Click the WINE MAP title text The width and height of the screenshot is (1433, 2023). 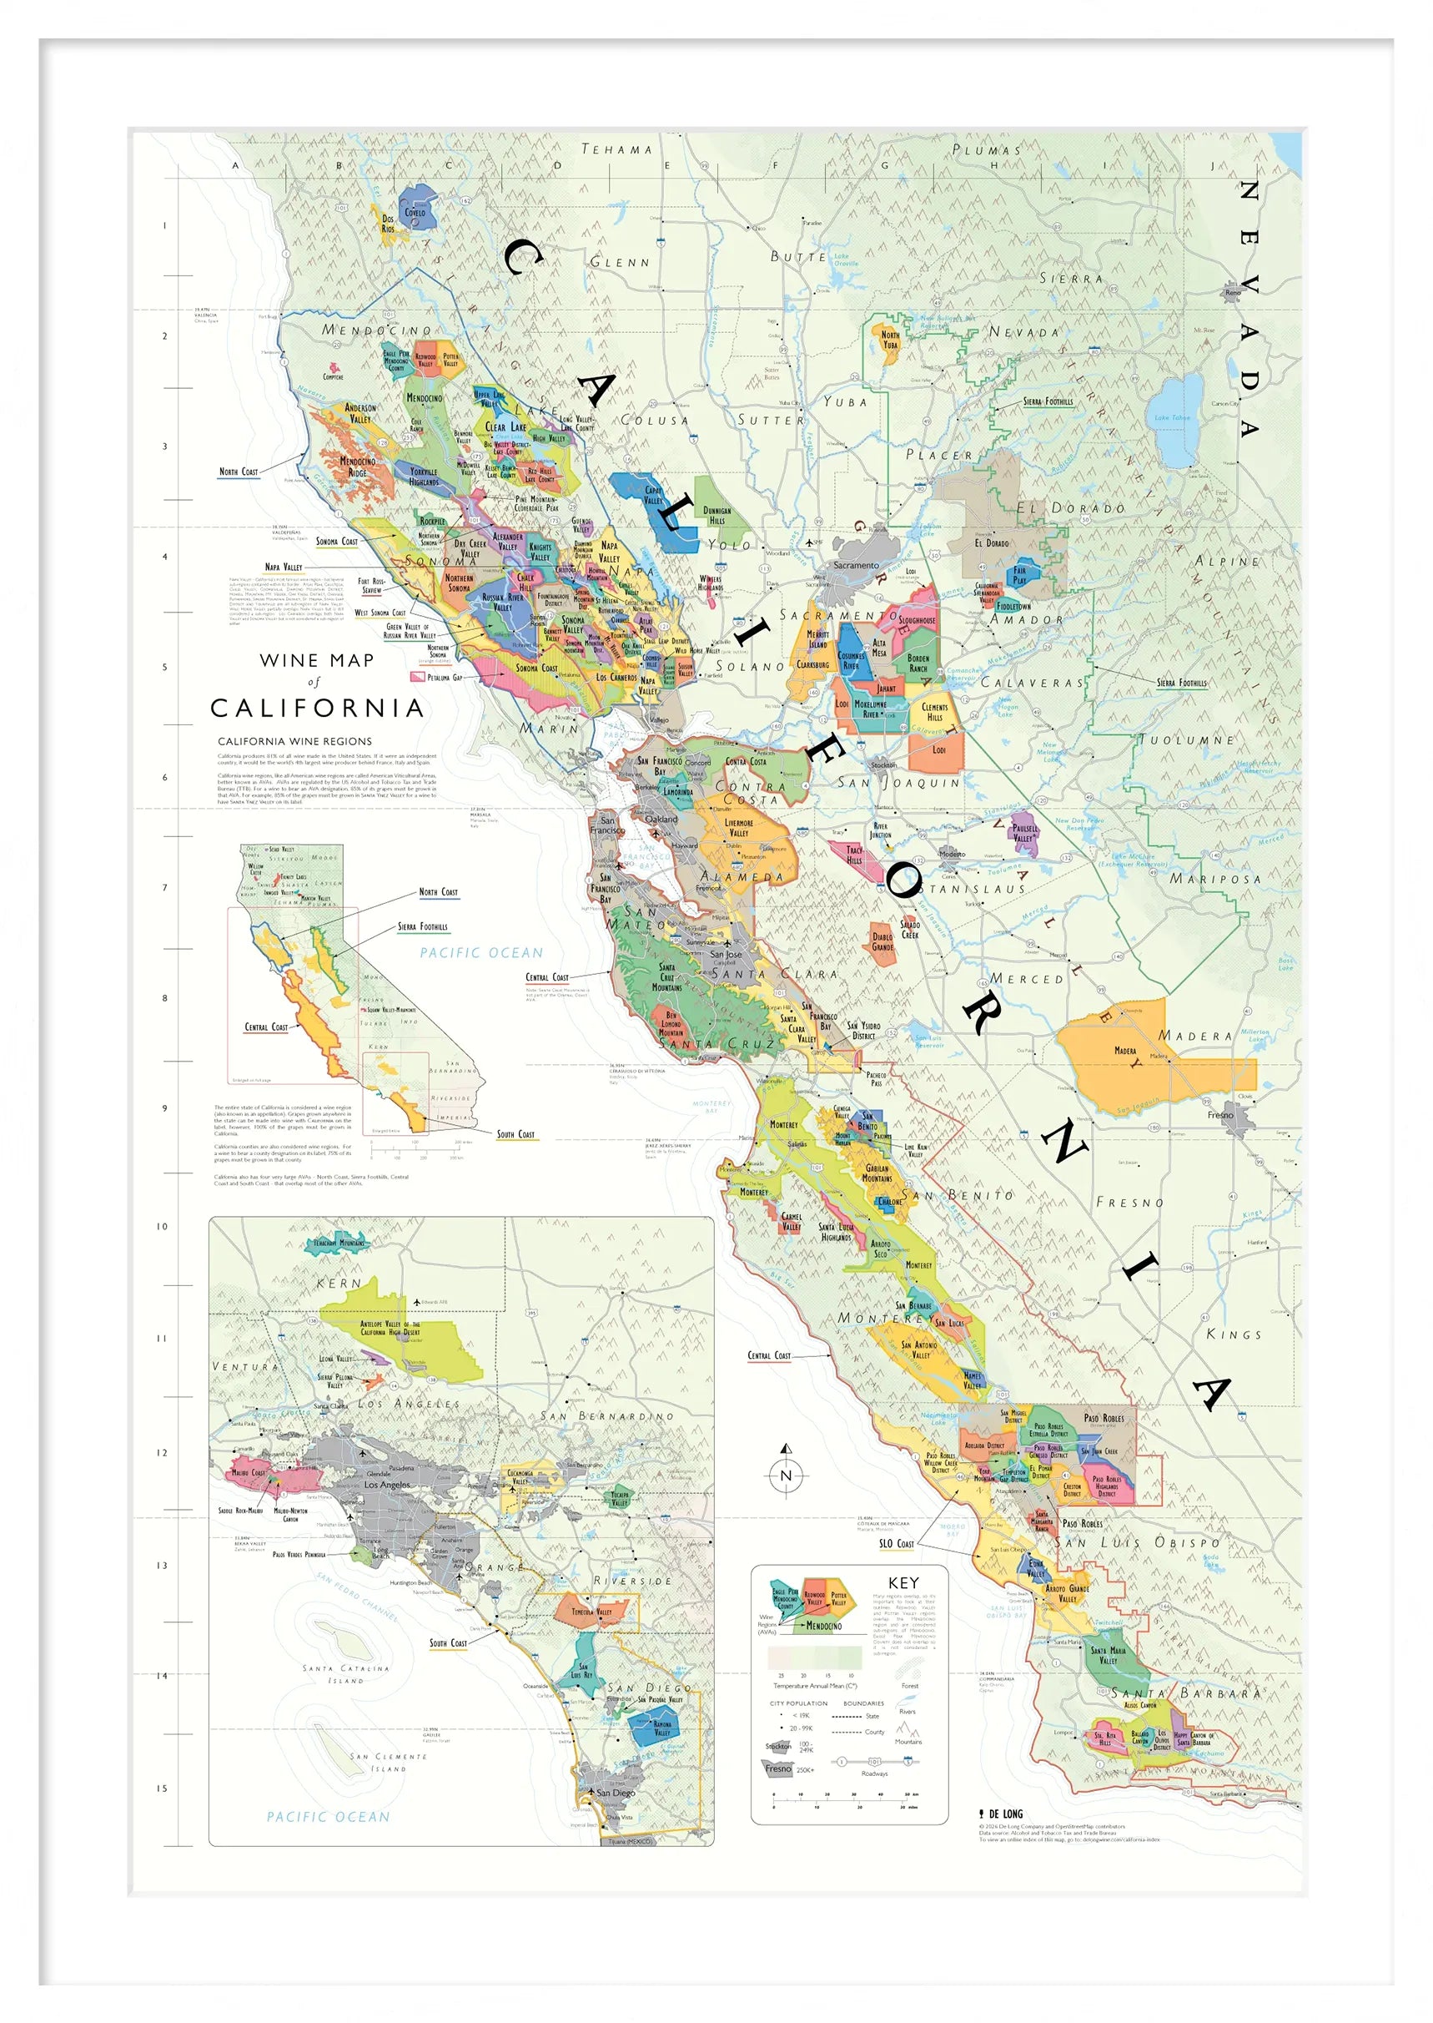pos(317,660)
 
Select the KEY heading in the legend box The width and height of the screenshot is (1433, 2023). pos(903,1582)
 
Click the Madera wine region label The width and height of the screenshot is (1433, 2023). pos(1125,1051)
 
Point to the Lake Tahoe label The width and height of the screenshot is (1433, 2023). pos(1172,417)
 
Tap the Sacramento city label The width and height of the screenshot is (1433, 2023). pos(855,565)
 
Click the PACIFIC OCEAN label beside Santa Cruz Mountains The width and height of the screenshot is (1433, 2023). pos(481,952)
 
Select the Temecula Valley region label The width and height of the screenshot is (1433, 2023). pos(591,1611)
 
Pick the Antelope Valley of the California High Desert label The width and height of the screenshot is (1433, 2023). pos(390,1329)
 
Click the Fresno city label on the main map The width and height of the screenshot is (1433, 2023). pos(1220,1115)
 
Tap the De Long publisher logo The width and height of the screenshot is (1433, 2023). pos(1001,1813)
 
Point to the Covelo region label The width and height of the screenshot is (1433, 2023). pos(415,212)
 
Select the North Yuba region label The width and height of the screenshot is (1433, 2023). pos(890,340)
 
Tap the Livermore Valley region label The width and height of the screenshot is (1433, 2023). pos(738,827)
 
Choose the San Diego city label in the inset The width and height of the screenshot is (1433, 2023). pos(614,1793)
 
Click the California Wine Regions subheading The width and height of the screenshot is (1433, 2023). pos(294,741)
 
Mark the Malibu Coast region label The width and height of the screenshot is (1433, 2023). pos(248,1472)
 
